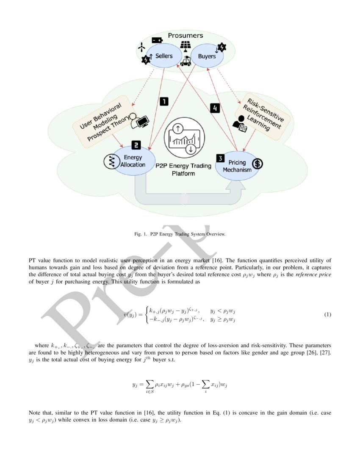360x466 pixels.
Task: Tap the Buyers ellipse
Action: click(x=207, y=56)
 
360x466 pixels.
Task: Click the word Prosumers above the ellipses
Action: click(x=185, y=36)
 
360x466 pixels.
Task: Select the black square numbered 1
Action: click(x=163, y=101)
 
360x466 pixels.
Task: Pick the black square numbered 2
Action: click(x=136, y=145)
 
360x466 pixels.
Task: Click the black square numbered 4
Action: click(x=215, y=108)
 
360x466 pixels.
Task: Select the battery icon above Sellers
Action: click(x=157, y=40)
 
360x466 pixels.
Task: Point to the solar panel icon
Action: click(x=186, y=46)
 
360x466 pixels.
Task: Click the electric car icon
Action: click(x=185, y=61)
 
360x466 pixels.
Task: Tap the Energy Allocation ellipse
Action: click(x=133, y=161)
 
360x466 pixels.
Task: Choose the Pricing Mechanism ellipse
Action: click(x=237, y=166)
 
